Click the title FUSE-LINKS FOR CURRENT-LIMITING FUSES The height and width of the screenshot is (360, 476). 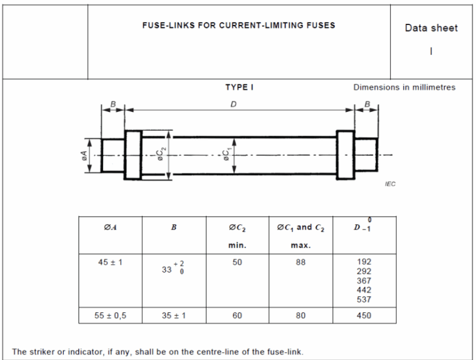point(238,26)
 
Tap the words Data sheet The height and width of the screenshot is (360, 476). point(431,28)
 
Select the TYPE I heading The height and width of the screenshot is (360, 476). point(239,87)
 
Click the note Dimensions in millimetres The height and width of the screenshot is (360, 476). point(404,87)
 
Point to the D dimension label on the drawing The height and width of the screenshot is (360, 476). point(233,104)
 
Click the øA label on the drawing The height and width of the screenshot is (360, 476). point(84,156)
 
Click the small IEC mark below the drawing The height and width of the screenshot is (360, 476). point(390,184)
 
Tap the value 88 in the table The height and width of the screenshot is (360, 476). point(300,262)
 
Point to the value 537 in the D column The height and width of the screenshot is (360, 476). point(364,300)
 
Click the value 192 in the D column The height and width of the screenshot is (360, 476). point(364,262)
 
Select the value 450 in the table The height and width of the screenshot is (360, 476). point(364,316)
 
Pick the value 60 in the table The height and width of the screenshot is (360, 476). point(237,316)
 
